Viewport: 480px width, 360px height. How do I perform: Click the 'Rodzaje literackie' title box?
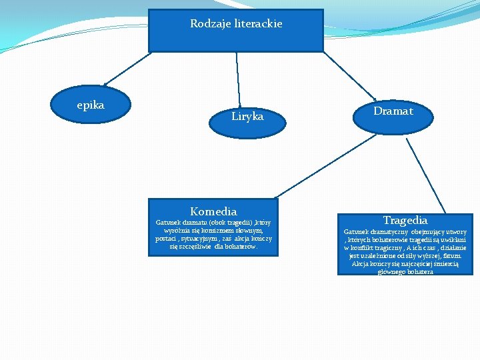(x=235, y=31)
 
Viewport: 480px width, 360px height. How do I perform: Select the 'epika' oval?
(x=91, y=105)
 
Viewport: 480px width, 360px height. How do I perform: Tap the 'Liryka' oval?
(x=247, y=117)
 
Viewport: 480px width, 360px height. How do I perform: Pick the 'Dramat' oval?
(x=393, y=111)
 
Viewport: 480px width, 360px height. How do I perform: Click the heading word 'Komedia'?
(x=213, y=211)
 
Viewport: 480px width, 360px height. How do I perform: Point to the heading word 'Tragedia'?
(x=405, y=220)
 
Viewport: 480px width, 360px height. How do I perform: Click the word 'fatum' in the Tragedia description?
(x=451, y=255)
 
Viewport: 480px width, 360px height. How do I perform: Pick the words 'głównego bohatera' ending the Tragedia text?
(x=405, y=271)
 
